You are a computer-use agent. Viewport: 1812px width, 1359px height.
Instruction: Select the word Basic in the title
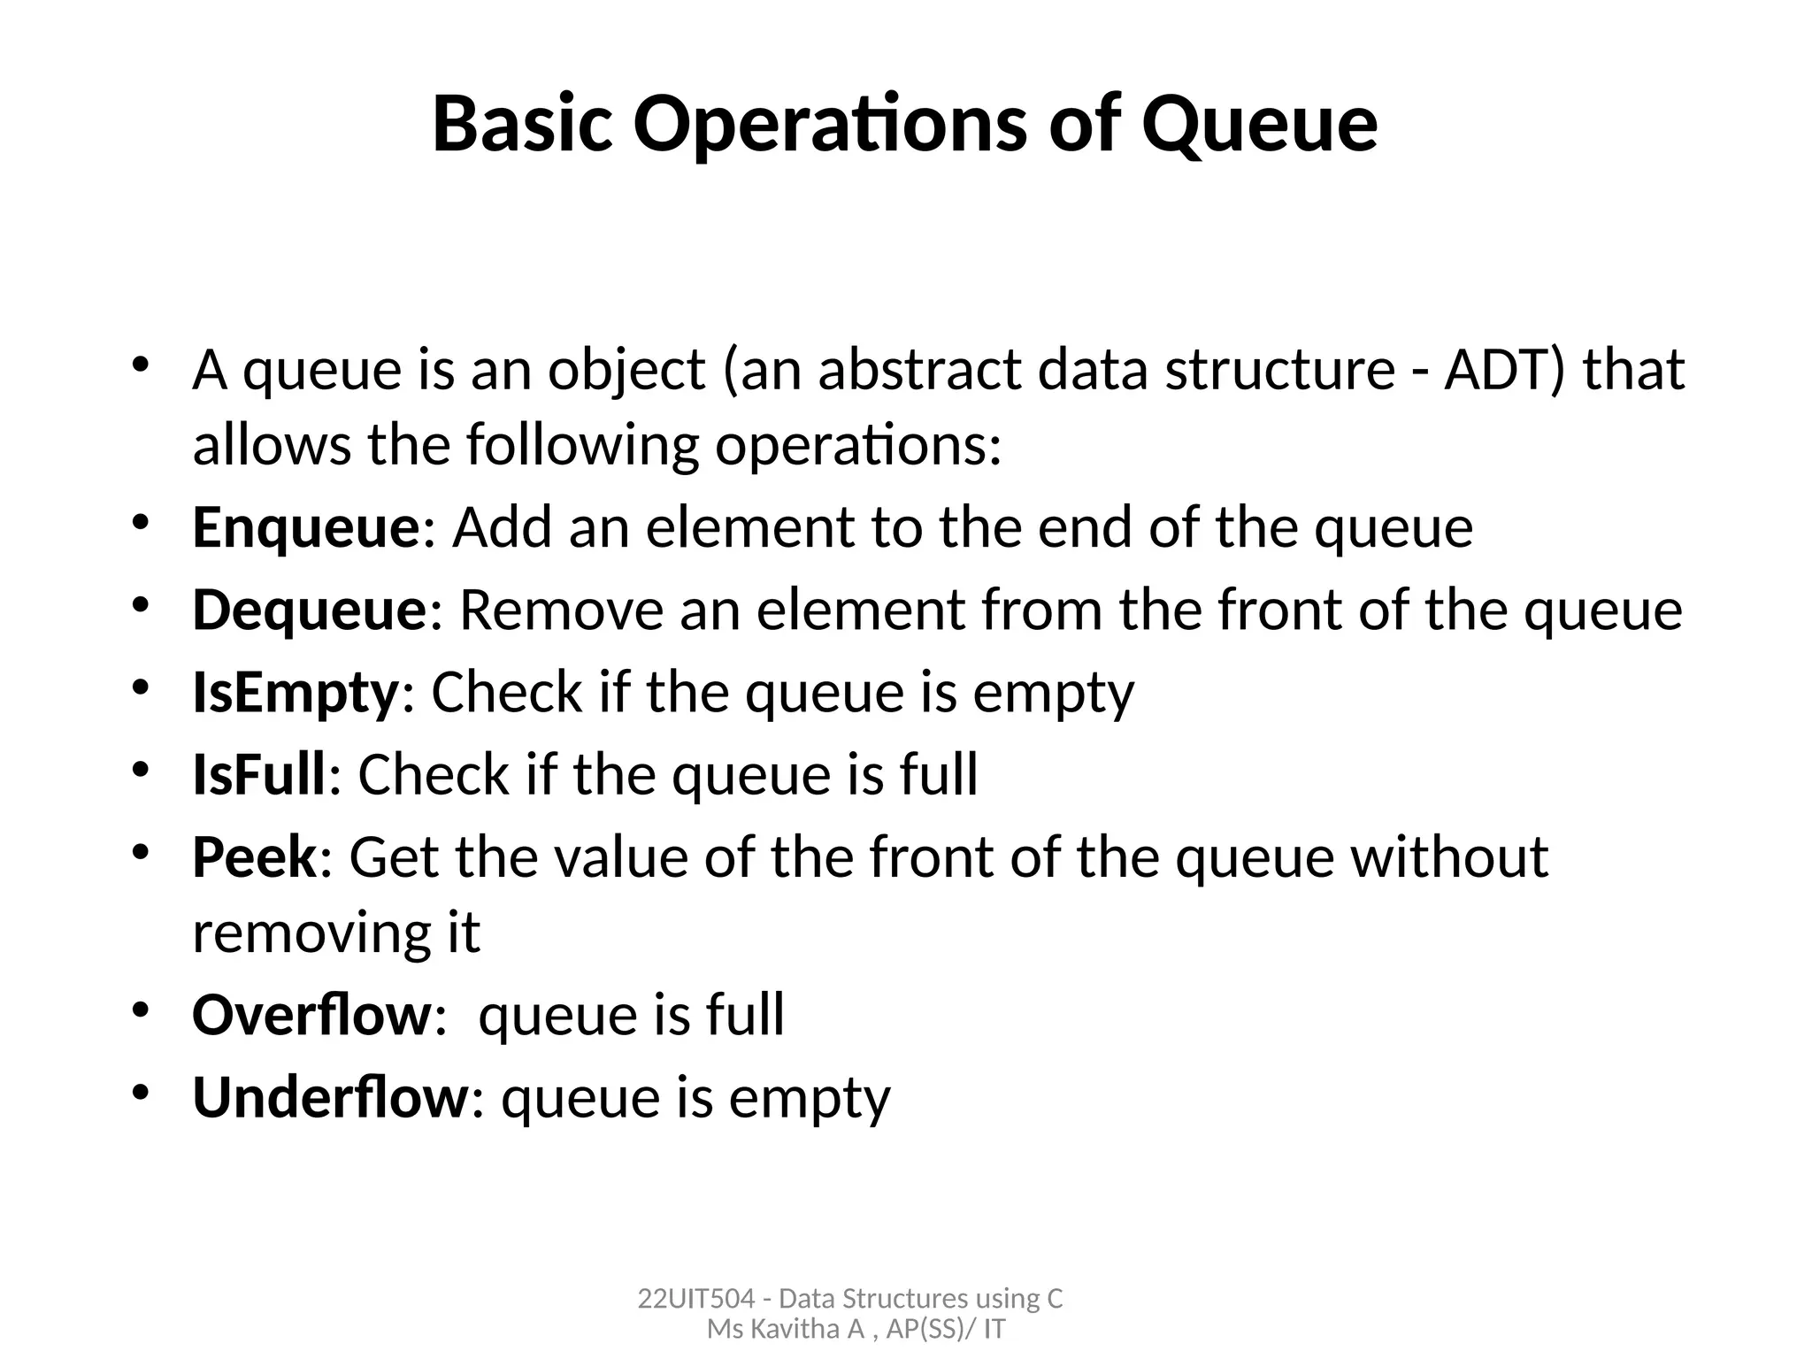pos(522,124)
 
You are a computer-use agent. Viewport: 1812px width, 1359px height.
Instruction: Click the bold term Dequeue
pos(310,610)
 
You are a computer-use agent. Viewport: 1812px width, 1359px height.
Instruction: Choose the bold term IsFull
pos(259,775)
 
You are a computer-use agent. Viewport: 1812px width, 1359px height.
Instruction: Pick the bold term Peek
pos(254,857)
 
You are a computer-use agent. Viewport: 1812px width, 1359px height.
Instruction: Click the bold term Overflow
pos(311,1014)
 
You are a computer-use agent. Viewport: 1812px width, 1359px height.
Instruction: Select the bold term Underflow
pos(330,1097)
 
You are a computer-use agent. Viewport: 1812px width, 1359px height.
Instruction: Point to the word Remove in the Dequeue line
pos(561,610)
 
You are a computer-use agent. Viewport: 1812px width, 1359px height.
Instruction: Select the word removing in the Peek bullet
pos(297,933)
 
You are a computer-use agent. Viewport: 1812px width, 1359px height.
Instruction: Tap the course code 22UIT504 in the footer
pos(695,1299)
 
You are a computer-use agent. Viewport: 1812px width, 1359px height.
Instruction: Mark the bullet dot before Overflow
pos(140,1009)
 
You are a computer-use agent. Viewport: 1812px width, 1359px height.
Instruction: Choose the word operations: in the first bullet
pos(858,445)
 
